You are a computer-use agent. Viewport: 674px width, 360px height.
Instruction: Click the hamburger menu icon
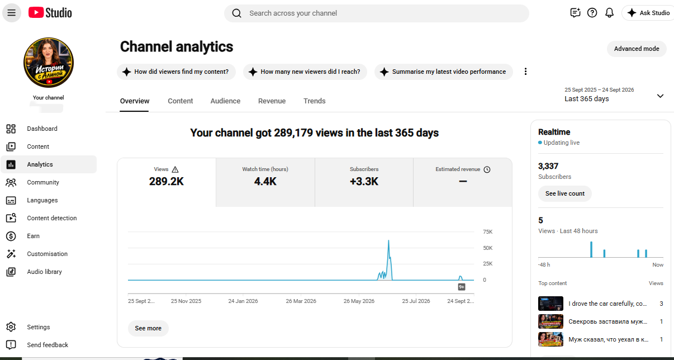[x=11, y=13]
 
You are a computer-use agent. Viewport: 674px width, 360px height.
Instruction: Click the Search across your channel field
[x=377, y=13]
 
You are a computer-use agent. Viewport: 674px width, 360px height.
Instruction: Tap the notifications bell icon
[x=609, y=13]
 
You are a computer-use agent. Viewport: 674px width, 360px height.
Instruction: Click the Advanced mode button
[x=637, y=49]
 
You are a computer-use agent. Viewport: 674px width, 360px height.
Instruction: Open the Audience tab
[x=225, y=101]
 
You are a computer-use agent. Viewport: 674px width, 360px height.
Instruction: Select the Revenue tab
[x=272, y=101]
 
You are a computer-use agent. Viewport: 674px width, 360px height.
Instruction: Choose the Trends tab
[x=314, y=101]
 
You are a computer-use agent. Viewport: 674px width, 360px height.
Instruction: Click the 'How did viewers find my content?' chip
[x=176, y=72]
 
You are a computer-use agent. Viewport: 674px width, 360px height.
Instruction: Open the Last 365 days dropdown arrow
[x=660, y=96]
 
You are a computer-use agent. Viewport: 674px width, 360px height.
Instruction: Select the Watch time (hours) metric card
[x=265, y=182]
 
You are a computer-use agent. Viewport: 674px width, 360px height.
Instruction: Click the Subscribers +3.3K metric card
[x=364, y=182]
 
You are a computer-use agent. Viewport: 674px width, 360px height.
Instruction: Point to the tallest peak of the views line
[x=388, y=240]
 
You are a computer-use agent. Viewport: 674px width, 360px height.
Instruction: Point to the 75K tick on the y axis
[x=487, y=232]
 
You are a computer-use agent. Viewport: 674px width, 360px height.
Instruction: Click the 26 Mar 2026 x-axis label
[x=301, y=301]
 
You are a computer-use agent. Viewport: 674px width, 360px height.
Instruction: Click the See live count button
[x=565, y=193]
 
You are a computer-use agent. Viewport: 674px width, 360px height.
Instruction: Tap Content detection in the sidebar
[x=52, y=218]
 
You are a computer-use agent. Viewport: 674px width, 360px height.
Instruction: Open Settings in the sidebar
[x=38, y=327]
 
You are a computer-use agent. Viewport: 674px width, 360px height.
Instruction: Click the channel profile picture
[x=49, y=63]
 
